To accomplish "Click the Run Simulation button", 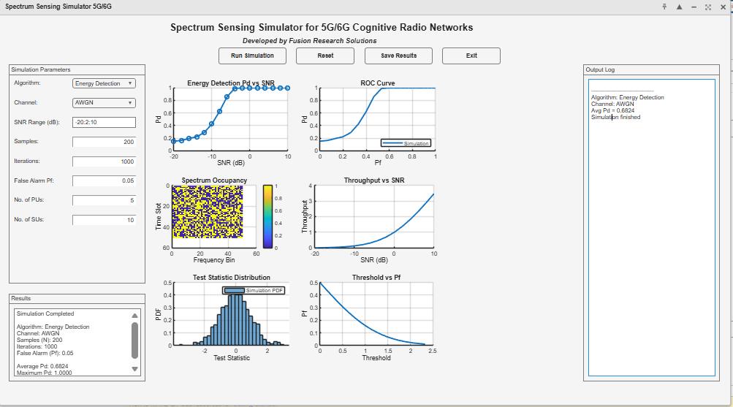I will click(252, 56).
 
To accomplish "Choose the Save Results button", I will click(398, 56).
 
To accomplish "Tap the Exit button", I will click(471, 56).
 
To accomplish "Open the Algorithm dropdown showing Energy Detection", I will click(105, 83).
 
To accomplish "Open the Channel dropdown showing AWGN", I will click(105, 103).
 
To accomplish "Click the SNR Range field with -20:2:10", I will click(105, 122).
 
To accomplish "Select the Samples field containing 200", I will click(105, 142).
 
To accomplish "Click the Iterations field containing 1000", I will click(105, 161).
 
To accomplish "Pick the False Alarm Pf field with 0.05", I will click(105, 180).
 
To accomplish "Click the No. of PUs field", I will click(105, 199).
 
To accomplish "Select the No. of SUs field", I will click(105, 219).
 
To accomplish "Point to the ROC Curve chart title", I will click(377, 83).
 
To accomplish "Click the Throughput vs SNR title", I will click(378, 180).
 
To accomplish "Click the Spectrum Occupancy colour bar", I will click(267, 217).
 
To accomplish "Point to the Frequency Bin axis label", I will click(213, 260).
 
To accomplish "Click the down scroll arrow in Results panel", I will click(134, 369).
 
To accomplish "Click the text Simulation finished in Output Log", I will click(615, 118).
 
